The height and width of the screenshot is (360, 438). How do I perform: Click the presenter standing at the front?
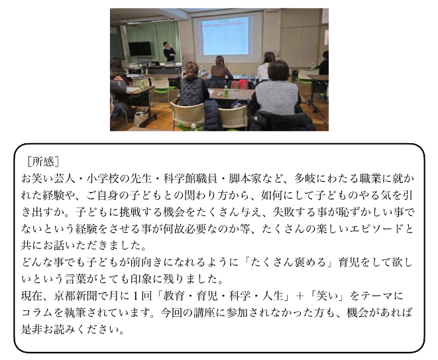[x=169, y=52]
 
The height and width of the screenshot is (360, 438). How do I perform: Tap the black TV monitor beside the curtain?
[x=140, y=49]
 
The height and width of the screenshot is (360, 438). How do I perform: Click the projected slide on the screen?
[x=225, y=36]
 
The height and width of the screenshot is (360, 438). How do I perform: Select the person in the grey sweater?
[x=276, y=89]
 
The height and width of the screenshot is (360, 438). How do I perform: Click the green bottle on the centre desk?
[x=226, y=91]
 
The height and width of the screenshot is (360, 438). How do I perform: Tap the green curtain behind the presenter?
[x=153, y=41]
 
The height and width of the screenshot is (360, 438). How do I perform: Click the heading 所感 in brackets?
[x=43, y=162]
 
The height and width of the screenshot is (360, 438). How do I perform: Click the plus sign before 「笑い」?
[x=300, y=296]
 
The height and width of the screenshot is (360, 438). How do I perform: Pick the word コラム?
[x=37, y=313]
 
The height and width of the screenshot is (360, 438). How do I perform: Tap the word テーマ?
[x=377, y=296]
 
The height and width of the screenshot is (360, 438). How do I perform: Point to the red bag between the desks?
[x=240, y=84]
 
